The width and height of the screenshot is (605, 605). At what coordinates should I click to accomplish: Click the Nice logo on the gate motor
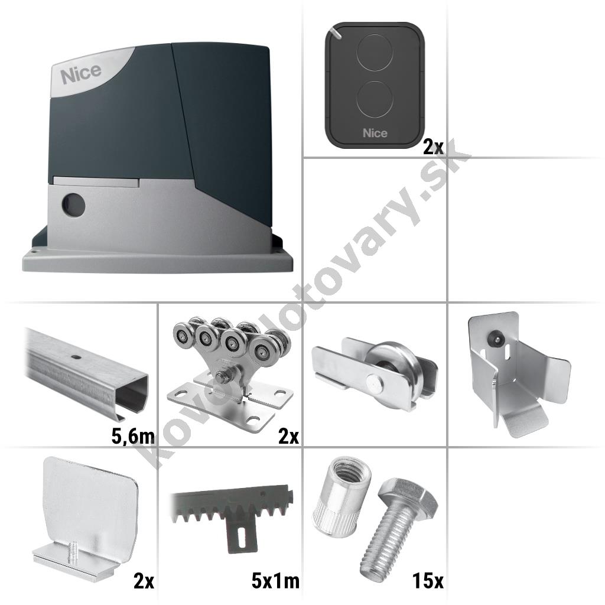[81, 73]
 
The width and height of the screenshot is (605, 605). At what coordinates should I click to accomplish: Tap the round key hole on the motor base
[73, 203]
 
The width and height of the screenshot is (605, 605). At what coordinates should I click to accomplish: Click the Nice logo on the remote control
[375, 133]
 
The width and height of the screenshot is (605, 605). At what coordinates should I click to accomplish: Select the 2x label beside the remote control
[433, 147]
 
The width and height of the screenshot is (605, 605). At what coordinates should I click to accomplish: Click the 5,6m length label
[133, 437]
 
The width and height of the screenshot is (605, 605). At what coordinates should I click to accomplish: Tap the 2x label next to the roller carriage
[288, 437]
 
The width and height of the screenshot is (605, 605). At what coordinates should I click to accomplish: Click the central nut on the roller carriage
[223, 375]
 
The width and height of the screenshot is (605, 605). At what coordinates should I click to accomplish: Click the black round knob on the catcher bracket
[495, 339]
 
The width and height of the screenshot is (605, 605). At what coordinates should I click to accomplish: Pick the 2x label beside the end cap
[144, 581]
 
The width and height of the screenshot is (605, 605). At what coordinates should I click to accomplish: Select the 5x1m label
[275, 581]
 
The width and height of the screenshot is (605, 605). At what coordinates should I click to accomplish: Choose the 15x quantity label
[428, 581]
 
